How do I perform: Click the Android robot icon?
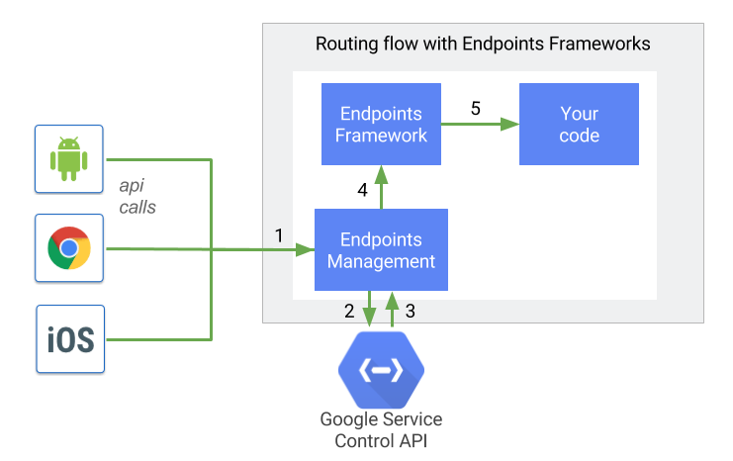click(x=68, y=158)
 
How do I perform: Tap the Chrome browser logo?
click(x=68, y=248)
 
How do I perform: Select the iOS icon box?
click(x=69, y=339)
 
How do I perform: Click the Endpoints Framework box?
click(x=381, y=124)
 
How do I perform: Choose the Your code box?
click(x=579, y=124)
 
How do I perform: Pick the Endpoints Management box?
click(x=381, y=250)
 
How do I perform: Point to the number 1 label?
click(x=279, y=235)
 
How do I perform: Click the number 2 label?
click(x=349, y=311)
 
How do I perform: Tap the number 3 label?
click(x=410, y=311)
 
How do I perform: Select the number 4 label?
click(x=362, y=190)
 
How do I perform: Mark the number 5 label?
click(x=476, y=108)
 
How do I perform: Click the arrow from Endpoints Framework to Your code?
click(x=480, y=125)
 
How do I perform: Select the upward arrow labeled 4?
click(x=382, y=187)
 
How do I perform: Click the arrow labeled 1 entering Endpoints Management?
click(x=288, y=251)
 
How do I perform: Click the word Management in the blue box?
click(x=381, y=262)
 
